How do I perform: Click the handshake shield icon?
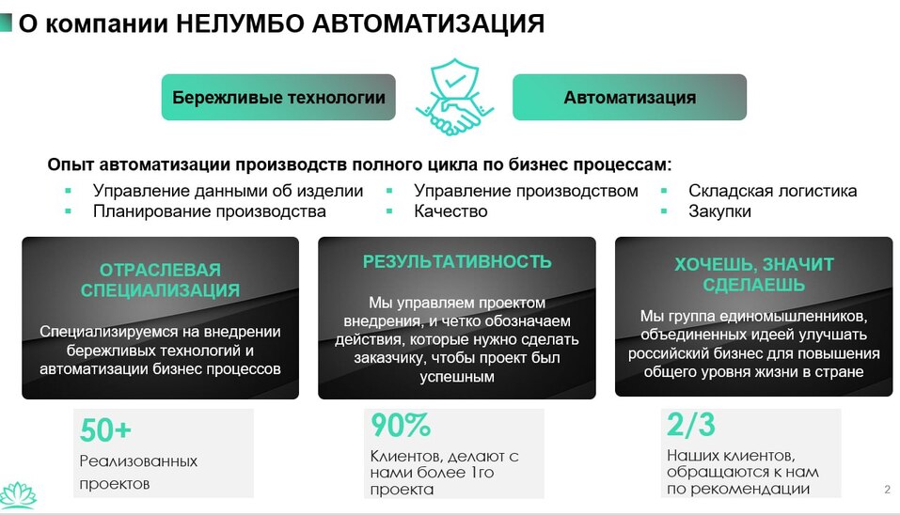[454, 97]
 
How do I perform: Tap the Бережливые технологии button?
[278, 98]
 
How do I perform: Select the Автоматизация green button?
[629, 98]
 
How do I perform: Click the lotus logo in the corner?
[17, 494]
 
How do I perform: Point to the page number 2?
[887, 490]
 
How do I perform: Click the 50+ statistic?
[105, 430]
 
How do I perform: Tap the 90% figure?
[400, 426]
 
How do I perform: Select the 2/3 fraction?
[691, 426]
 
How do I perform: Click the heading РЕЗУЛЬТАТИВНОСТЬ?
[457, 262]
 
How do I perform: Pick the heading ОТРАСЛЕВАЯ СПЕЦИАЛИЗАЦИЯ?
[160, 280]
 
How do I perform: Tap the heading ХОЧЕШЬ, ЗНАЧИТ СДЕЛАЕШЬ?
[754, 274]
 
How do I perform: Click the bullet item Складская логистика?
[772, 191]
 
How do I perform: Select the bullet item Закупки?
[719, 211]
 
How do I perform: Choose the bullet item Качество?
[450, 211]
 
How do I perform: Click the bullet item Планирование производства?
[209, 211]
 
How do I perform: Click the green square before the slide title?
[6, 23]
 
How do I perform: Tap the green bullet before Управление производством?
[389, 191]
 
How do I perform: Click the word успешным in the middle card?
[456, 377]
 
